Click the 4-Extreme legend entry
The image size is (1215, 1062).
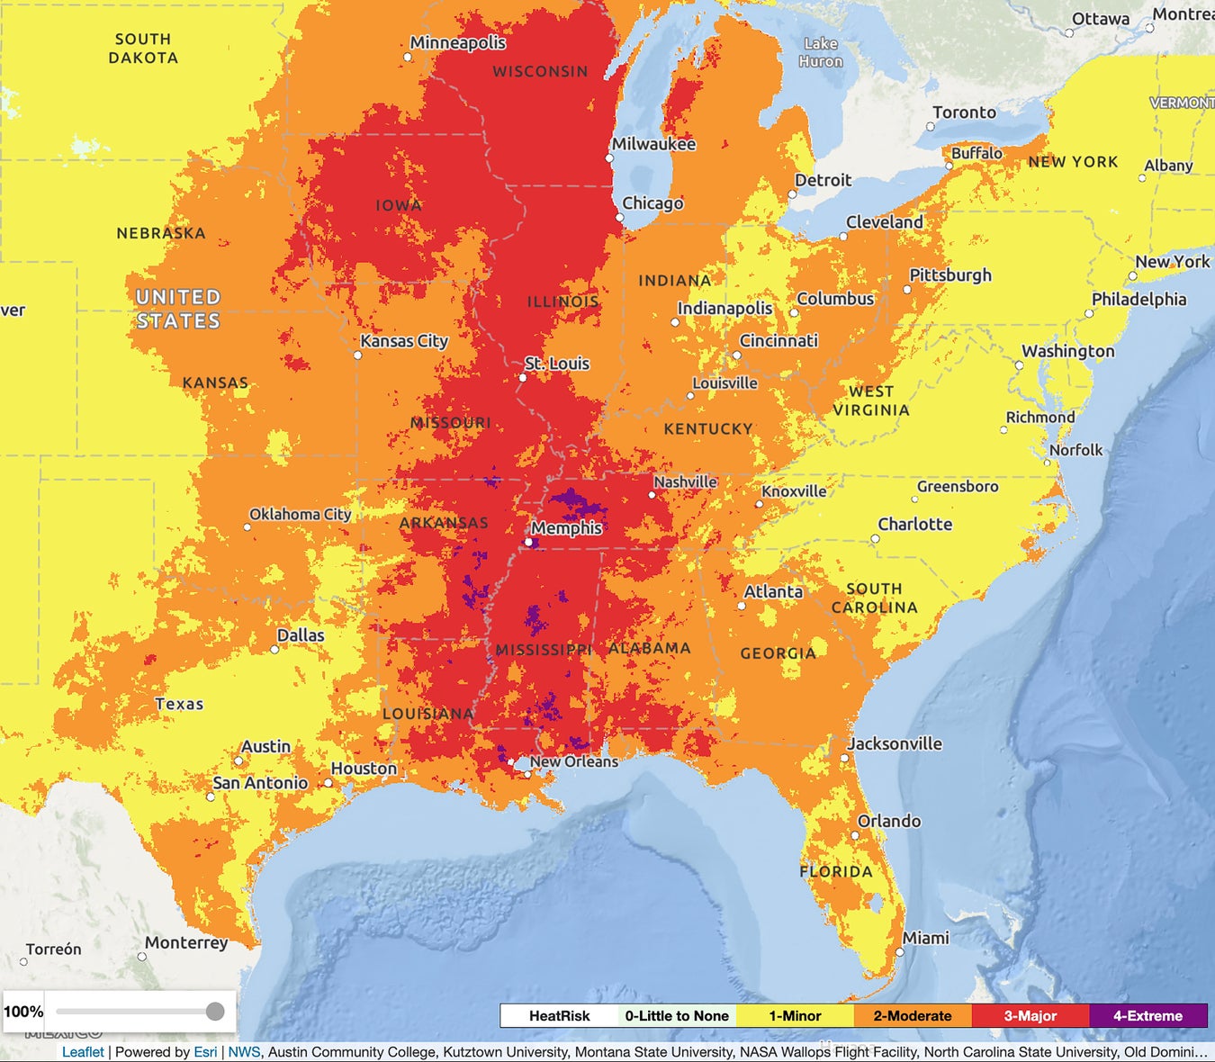[x=1147, y=1016]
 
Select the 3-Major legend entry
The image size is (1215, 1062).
[x=1030, y=1016]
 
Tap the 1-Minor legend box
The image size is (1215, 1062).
[x=795, y=1016]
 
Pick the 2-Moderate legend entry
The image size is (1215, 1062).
[x=912, y=1016]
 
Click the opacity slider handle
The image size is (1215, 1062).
[x=215, y=1012]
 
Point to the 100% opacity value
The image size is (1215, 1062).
[x=23, y=1012]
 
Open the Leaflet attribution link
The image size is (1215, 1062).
[x=83, y=1052]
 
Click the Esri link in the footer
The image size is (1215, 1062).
[x=205, y=1052]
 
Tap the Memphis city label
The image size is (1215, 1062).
[x=566, y=528]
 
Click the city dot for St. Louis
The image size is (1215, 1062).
[x=523, y=378]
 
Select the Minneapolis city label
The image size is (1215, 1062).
[x=457, y=42]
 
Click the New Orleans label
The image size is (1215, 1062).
[x=573, y=761]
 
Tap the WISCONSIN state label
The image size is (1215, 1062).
[x=540, y=71]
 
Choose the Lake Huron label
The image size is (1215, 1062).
[x=821, y=52]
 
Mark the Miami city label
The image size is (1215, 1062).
[x=925, y=938]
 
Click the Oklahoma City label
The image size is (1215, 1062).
[x=300, y=514]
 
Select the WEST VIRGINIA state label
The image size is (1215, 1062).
[x=871, y=400]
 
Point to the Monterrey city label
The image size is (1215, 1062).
[x=186, y=942]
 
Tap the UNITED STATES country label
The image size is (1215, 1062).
[x=178, y=309]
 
